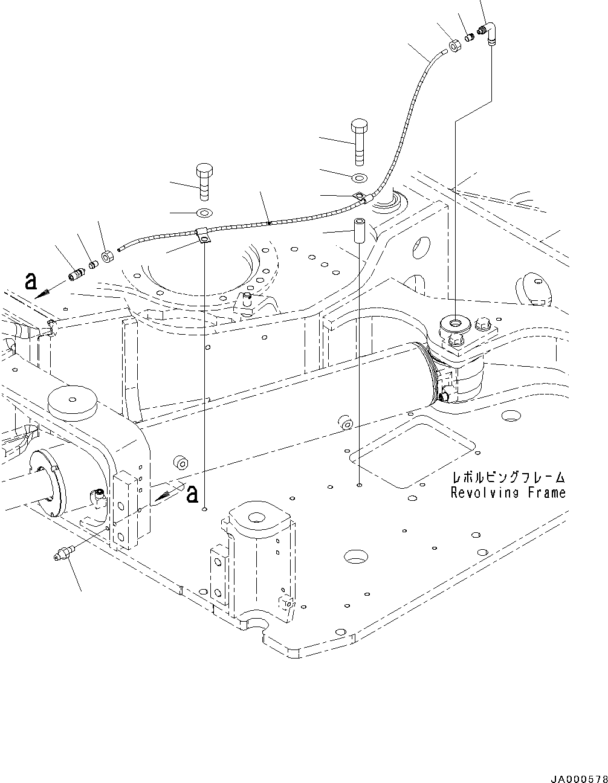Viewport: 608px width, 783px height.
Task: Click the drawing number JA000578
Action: (577, 775)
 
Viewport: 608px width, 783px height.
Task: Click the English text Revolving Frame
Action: (508, 492)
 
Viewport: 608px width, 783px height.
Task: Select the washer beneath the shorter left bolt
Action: (204, 213)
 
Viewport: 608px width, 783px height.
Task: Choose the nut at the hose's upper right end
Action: (455, 46)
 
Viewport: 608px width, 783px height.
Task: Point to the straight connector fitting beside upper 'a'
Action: (77, 274)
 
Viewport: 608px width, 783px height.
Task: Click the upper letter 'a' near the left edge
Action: (31, 281)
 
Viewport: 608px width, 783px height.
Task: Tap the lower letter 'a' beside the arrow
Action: (192, 494)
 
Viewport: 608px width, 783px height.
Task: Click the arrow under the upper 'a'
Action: (47, 292)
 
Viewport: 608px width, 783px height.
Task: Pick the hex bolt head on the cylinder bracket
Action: (485, 325)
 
